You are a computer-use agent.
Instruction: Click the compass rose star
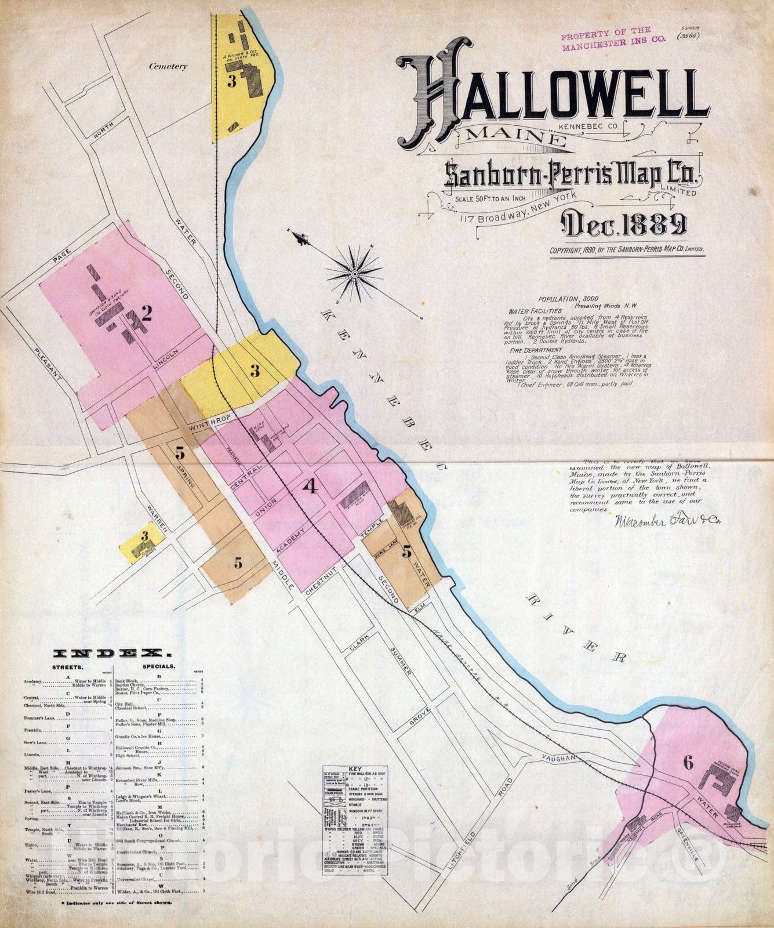pos(354,272)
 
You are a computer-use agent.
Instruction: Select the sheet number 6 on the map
pos(688,763)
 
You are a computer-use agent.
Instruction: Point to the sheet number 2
pos(147,314)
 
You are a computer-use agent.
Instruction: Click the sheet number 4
pos(311,487)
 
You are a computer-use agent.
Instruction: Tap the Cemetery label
pos(168,66)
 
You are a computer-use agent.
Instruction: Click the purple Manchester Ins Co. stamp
pos(606,37)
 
